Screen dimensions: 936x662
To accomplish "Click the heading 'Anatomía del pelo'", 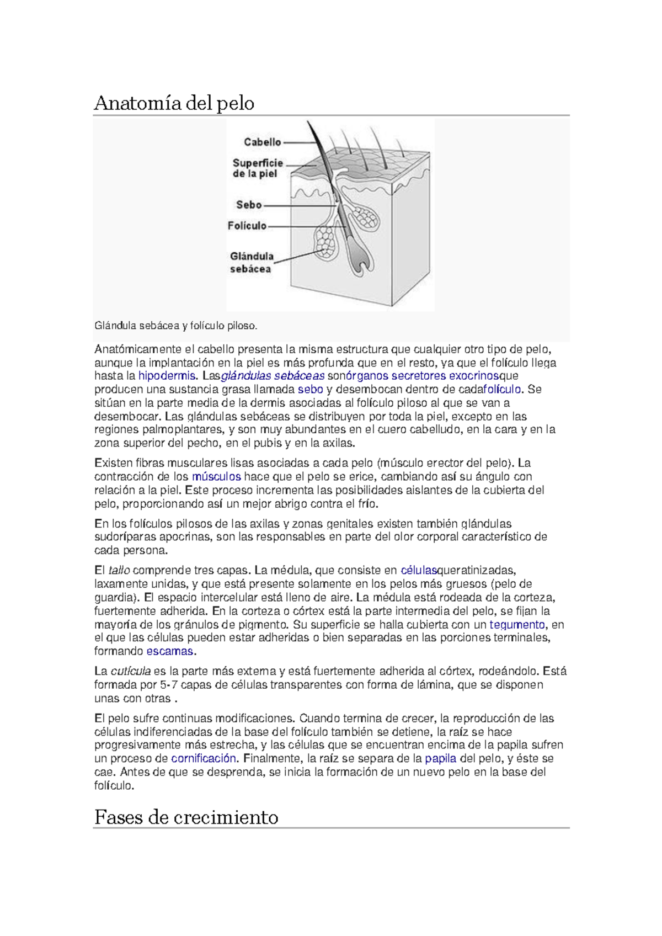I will (x=174, y=103).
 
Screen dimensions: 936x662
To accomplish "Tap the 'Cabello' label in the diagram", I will (x=262, y=142).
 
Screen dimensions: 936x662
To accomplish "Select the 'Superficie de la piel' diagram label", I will (x=258, y=168).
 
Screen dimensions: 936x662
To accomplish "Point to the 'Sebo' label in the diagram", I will (x=248, y=205).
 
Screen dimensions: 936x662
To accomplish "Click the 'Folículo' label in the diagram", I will (x=247, y=226).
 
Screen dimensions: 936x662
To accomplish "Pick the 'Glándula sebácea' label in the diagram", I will (x=251, y=263).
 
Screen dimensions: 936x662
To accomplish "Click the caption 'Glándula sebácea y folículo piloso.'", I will (x=175, y=326).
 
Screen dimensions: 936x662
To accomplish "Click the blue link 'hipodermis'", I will (x=166, y=376).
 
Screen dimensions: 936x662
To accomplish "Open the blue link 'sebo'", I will (x=310, y=390).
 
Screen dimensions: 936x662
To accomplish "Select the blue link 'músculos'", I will (x=216, y=476).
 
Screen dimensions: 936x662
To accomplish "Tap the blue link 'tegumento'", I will (x=517, y=625).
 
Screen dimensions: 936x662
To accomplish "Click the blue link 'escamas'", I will (x=169, y=651).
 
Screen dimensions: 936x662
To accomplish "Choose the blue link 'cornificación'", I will (x=204, y=759).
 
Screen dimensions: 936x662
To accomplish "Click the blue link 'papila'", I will (x=440, y=759).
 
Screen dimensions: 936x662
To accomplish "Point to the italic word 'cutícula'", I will (x=131, y=672).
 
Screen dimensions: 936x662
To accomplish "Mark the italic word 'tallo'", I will (x=119, y=571).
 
